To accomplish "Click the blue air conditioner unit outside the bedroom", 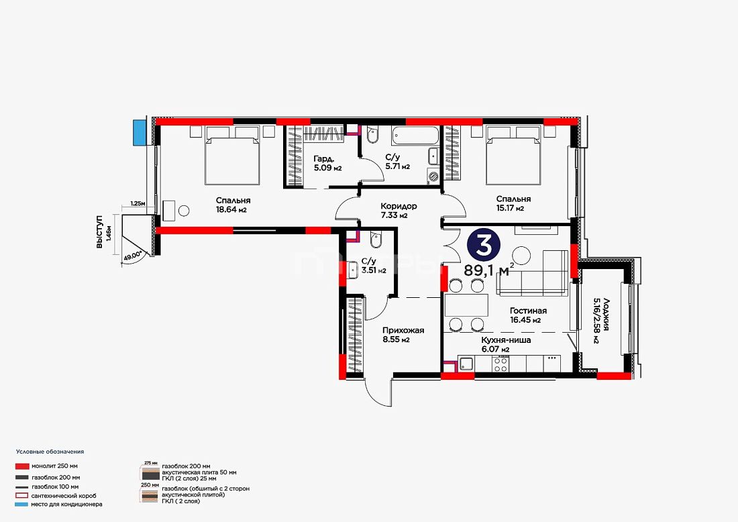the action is click(x=139, y=132).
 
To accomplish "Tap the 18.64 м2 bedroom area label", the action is click(x=231, y=210).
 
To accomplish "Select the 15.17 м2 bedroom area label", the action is click(x=513, y=209).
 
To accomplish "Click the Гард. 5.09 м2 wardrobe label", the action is click(x=327, y=163).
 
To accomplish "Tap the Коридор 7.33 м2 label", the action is click(x=399, y=211).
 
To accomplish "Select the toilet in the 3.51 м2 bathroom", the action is click(x=376, y=240).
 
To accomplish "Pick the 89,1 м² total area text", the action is click(x=488, y=270).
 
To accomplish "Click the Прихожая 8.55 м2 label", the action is click(x=403, y=335).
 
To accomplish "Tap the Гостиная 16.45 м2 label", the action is click(x=528, y=315).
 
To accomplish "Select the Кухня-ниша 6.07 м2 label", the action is click(x=506, y=345).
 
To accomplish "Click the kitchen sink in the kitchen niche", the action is click(x=466, y=364).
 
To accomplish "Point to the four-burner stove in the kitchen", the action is click(x=500, y=364).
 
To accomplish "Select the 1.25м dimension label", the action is click(x=138, y=203).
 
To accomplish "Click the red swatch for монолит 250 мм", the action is click(x=22, y=466).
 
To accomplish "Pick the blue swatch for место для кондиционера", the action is click(x=22, y=505).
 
